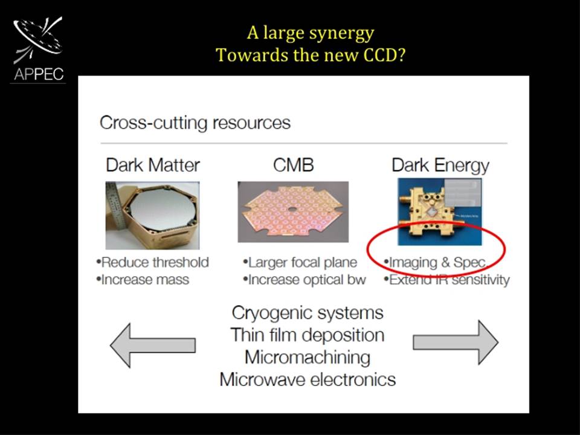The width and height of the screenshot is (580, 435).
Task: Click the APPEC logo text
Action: click(39, 74)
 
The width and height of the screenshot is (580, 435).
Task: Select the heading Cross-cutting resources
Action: click(195, 123)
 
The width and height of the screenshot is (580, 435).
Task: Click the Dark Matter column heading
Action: click(153, 165)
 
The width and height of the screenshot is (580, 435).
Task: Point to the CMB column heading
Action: click(294, 165)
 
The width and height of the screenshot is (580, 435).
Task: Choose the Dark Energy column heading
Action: click(440, 166)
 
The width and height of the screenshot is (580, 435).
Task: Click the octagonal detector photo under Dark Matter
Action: click(152, 215)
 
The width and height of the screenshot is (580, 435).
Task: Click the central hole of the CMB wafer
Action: click(292, 210)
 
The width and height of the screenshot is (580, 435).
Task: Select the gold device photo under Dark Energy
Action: click(439, 211)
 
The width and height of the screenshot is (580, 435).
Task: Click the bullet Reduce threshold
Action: click(152, 262)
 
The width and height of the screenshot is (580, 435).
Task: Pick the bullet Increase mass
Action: click(143, 280)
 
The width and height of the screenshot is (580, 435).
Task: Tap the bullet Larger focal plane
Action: click(300, 263)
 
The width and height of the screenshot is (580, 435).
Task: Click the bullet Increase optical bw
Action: click(304, 280)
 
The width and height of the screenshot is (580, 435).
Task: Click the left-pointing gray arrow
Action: click(153, 346)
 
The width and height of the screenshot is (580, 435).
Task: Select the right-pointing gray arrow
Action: click(456, 343)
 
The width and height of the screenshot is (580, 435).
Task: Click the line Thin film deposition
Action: click(308, 335)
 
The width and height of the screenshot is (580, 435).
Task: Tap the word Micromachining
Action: click(308, 357)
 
